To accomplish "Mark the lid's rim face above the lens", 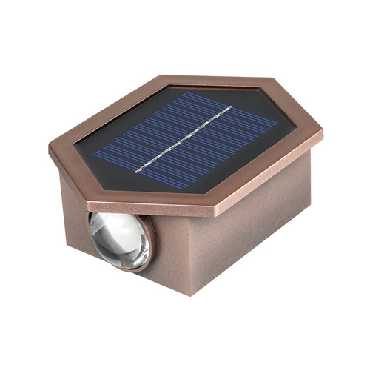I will (x=126, y=189).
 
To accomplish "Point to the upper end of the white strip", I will (x=229, y=107).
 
